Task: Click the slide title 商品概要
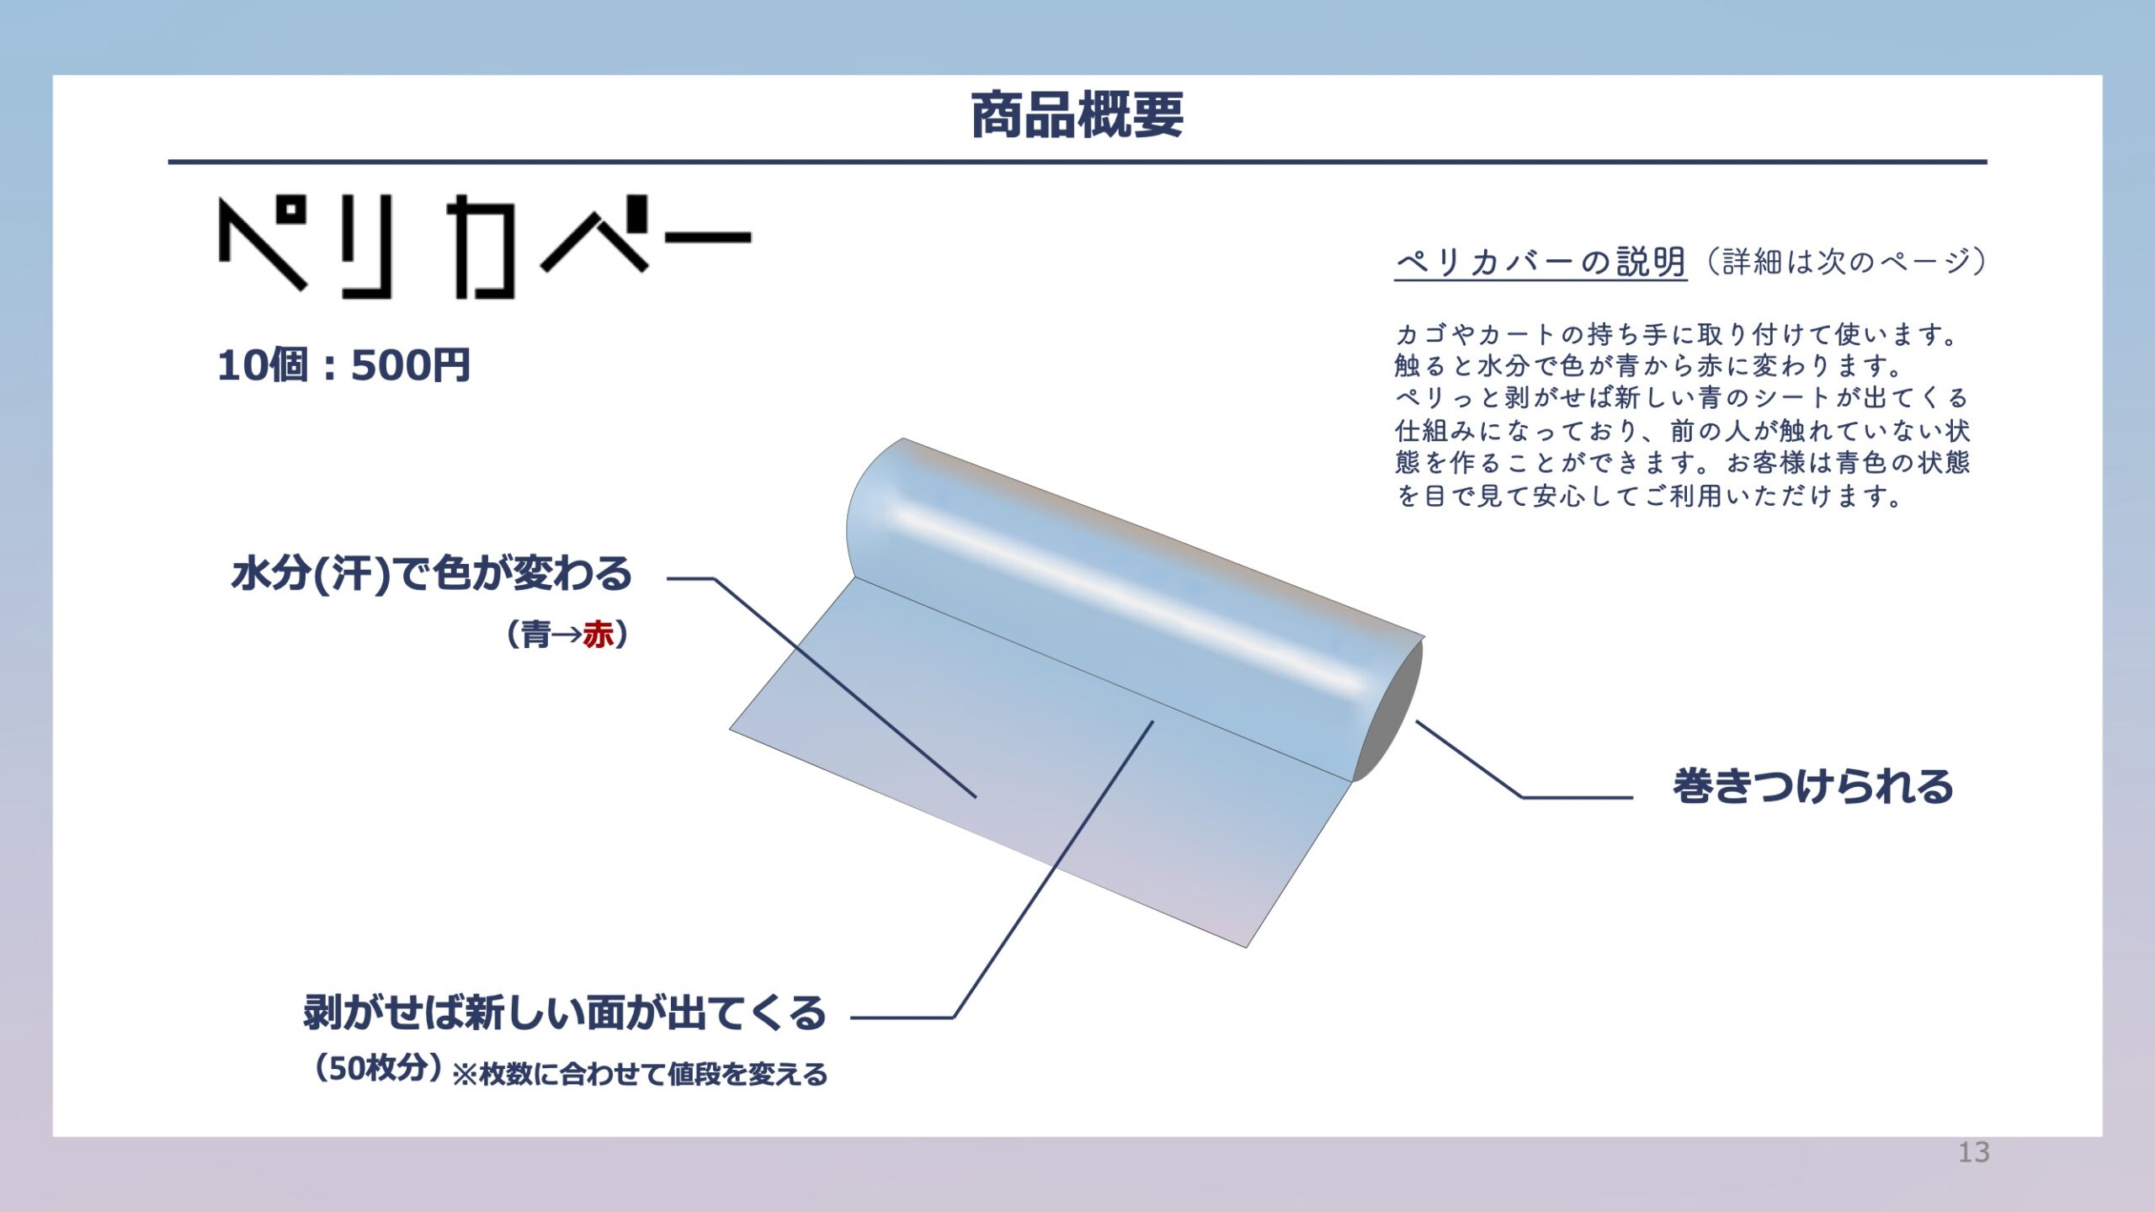(1077, 115)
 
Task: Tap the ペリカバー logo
(485, 246)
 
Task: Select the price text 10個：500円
(343, 365)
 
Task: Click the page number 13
(1974, 1152)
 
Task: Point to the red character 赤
(598, 635)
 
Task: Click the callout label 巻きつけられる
(1812, 786)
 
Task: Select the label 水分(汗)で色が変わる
(432, 574)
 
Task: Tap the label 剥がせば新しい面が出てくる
(565, 1013)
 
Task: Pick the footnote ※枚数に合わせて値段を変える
(641, 1075)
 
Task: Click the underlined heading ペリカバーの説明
(1540, 262)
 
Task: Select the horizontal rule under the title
(1077, 161)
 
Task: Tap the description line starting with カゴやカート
(1677, 335)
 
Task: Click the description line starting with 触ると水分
(1648, 366)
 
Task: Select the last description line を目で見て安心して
(1648, 496)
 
